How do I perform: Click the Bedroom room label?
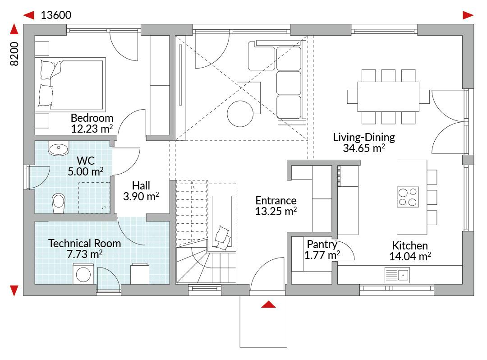click(x=92, y=118)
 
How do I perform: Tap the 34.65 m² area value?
click(x=364, y=148)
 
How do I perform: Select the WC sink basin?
click(x=58, y=148)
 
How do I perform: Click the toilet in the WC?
click(x=58, y=203)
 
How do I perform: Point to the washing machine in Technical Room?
click(x=83, y=274)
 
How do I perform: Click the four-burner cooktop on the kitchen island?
click(x=408, y=197)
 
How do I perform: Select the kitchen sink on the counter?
click(x=397, y=275)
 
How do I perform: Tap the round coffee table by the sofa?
click(x=240, y=114)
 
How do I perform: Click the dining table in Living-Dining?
click(x=388, y=97)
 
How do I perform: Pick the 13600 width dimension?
click(x=56, y=15)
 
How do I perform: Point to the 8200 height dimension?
click(x=14, y=54)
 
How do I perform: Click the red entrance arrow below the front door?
click(x=268, y=305)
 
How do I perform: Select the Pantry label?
click(x=322, y=245)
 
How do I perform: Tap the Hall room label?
click(x=141, y=185)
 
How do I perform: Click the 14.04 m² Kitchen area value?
click(x=410, y=256)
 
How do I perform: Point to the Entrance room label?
click(x=276, y=200)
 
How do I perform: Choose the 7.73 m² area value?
click(x=84, y=254)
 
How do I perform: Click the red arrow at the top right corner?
click(x=468, y=15)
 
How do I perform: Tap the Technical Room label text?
click(x=84, y=243)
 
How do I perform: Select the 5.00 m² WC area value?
click(x=85, y=171)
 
